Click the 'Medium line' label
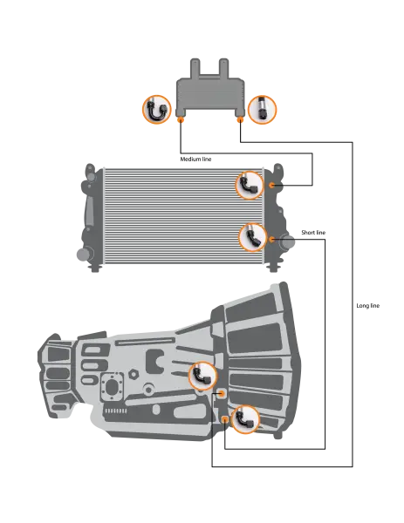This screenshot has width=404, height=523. (195, 160)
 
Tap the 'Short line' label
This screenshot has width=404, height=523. (313, 233)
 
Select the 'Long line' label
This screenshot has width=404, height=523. (368, 306)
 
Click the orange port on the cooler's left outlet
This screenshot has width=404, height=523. (181, 119)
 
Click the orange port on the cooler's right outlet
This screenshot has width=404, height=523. (240, 119)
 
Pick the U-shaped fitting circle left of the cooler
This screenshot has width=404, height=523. (157, 110)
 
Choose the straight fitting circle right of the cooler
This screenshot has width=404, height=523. (263, 110)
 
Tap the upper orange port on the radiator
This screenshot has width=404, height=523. (272, 185)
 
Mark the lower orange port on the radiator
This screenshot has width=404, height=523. (272, 239)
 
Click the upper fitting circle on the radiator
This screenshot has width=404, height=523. (250, 185)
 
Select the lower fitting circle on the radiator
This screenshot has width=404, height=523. (253, 237)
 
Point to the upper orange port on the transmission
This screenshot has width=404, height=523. (221, 394)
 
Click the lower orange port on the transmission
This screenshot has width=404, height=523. (225, 419)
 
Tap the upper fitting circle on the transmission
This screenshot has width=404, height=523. (202, 376)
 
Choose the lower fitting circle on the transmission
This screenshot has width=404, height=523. (245, 419)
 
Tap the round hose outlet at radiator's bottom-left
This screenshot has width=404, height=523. (84, 255)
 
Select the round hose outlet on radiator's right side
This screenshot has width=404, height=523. (287, 241)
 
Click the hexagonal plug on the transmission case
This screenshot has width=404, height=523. (134, 374)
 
